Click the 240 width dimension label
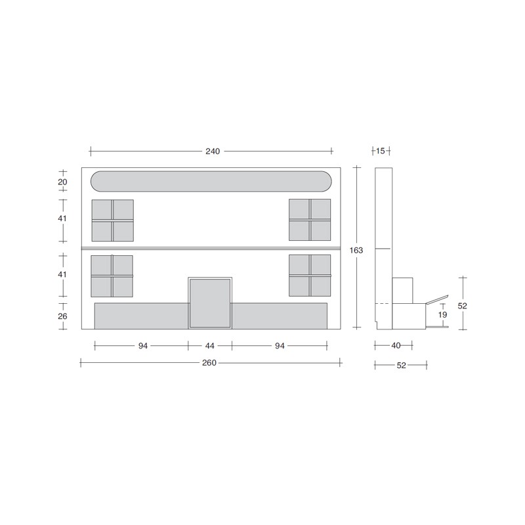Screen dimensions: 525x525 click(213, 152)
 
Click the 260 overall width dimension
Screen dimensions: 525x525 click(209, 363)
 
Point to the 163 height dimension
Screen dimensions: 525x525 click(356, 250)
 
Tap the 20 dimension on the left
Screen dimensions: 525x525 click(62, 182)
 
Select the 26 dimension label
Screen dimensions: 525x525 click(62, 316)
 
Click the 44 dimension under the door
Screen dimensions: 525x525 click(209, 346)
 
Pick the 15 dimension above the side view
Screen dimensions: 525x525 click(381, 151)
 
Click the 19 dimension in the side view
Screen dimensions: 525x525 click(442, 315)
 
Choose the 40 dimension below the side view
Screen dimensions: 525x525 click(396, 346)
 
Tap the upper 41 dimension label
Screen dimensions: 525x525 click(62, 219)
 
